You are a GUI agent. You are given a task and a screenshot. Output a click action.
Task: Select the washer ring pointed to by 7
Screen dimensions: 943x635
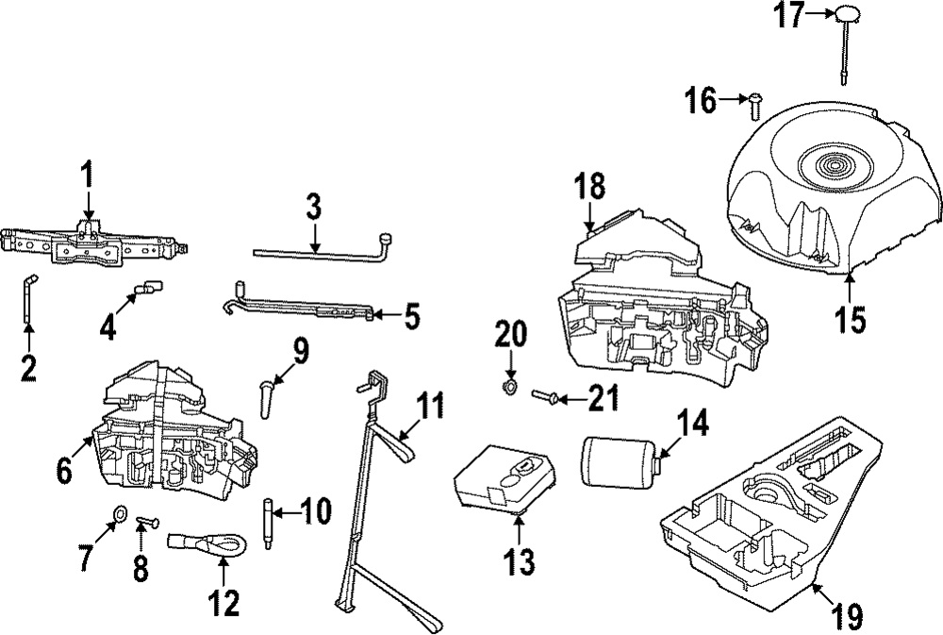pos(119,513)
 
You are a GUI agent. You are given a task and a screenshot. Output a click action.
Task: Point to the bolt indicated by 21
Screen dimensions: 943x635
pos(546,395)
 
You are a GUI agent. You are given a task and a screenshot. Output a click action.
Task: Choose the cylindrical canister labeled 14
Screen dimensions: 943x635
pos(621,461)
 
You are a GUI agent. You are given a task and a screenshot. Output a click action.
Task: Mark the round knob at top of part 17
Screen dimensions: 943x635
pos(846,13)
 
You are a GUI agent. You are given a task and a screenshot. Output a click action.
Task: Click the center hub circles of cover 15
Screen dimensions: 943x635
pos(833,164)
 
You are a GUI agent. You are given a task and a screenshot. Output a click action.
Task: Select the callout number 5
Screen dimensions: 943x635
pos(411,317)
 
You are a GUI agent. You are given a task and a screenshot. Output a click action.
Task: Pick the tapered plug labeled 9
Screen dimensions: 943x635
pos(265,397)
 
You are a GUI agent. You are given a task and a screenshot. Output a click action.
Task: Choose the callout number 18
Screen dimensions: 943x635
pos(589,186)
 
